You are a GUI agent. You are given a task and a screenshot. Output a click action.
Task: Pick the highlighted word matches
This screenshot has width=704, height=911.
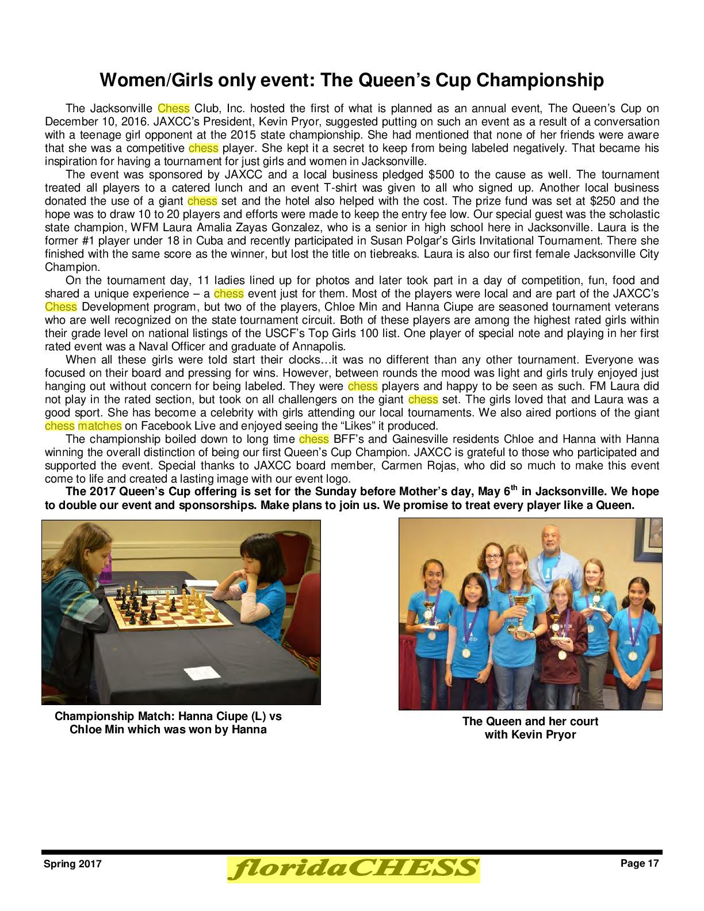100,426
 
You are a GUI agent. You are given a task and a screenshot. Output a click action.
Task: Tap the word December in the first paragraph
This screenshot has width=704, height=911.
68,121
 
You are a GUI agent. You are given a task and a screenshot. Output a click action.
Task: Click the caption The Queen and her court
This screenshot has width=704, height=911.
530,721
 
